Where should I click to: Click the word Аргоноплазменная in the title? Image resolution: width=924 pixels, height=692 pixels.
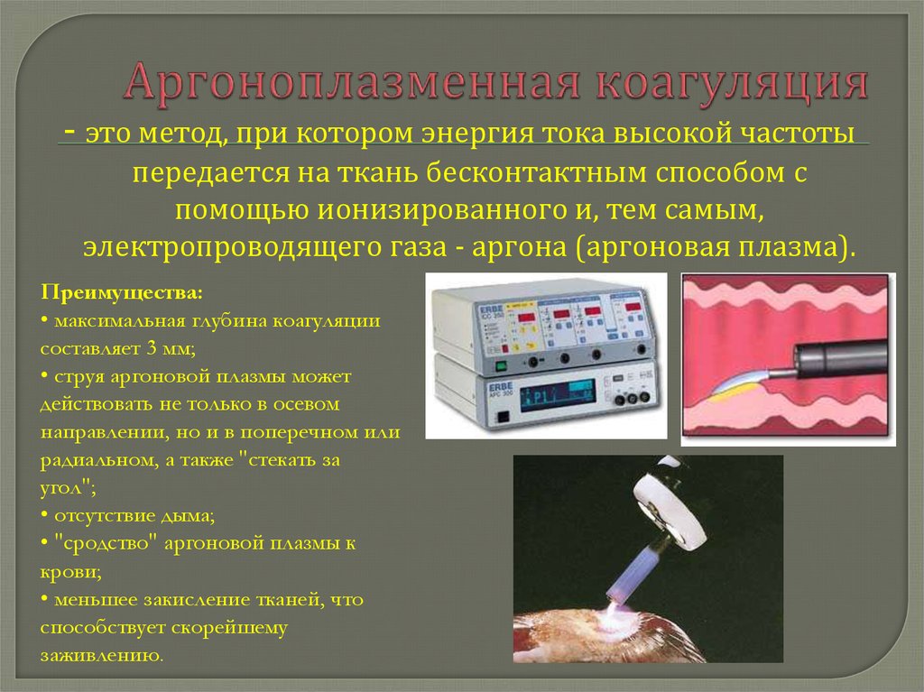(352, 82)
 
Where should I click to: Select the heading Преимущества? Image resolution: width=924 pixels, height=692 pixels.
(122, 293)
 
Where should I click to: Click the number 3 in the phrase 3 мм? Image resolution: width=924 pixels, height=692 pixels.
(152, 348)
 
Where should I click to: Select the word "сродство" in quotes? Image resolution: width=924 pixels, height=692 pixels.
(106, 543)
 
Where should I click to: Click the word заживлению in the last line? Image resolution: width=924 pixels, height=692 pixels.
(101, 655)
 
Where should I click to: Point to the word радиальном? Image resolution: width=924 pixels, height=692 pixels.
(98, 460)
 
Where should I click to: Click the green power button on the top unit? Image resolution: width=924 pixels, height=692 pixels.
(502, 364)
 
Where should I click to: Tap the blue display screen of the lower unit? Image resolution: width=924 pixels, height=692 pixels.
(557, 396)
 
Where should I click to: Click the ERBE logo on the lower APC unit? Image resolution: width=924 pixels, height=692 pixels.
(500, 387)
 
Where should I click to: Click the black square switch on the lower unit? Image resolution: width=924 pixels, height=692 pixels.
(503, 418)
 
